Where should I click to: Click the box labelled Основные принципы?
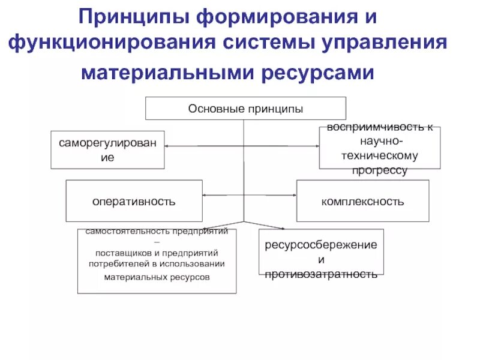point(246,109)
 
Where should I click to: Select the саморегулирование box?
point(108,149)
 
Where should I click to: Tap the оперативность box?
point(134,201)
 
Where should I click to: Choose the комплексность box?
point(362,201)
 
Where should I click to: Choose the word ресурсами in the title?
point(318,73)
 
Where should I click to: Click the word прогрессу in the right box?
point(379,170)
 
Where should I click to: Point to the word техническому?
point(379,155)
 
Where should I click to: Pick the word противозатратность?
point(321,274)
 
